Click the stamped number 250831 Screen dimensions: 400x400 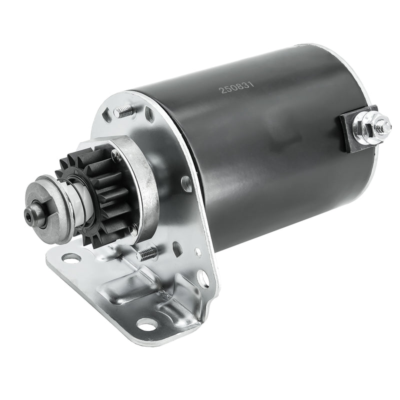pyautogui.click(x=237, y=88)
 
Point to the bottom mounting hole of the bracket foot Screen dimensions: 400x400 pyautogui.click(x=146, y=323)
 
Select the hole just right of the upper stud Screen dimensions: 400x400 pyautogui.click(x=150, y=116)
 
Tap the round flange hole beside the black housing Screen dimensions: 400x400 pyautogui.click(x=187, y=183)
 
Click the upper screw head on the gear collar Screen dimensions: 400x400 pyautogui.click(x=116, y=156)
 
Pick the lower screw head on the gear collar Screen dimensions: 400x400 pyautogui.click(x=132, y=230)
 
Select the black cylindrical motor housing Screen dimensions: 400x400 pyautogui.click(x=265, y=150)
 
